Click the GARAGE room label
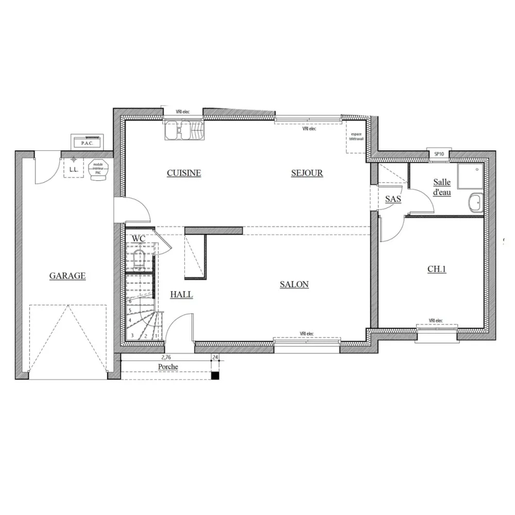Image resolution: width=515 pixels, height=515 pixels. [x=67, y=276]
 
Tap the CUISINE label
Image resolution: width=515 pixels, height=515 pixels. [x=184, y=173]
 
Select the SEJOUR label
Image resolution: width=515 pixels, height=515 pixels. [x=307, y=173]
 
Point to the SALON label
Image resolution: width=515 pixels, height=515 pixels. [x=294, y=284]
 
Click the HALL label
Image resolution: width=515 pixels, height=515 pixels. [x=181, y=295]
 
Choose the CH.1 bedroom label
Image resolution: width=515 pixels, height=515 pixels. [x=437, y=269]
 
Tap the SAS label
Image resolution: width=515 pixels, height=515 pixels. [x=393, y=199]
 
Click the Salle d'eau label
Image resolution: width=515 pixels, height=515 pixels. [x=442, y=187]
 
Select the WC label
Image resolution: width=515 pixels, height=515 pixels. [x=138, y=239]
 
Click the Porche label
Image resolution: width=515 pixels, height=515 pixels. [x=168, y=367]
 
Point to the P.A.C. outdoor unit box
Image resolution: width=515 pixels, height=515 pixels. [x=88, y=142]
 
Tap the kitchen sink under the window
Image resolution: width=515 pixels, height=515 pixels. [x=184, y=131]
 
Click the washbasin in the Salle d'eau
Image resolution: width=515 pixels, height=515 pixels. [x=475, y=202]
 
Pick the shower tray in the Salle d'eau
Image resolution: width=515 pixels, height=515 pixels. [x=470, y=174]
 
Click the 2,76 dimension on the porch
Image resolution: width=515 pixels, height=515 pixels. [x=166, y=356]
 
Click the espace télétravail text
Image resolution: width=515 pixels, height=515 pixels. [x=356, y=136]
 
